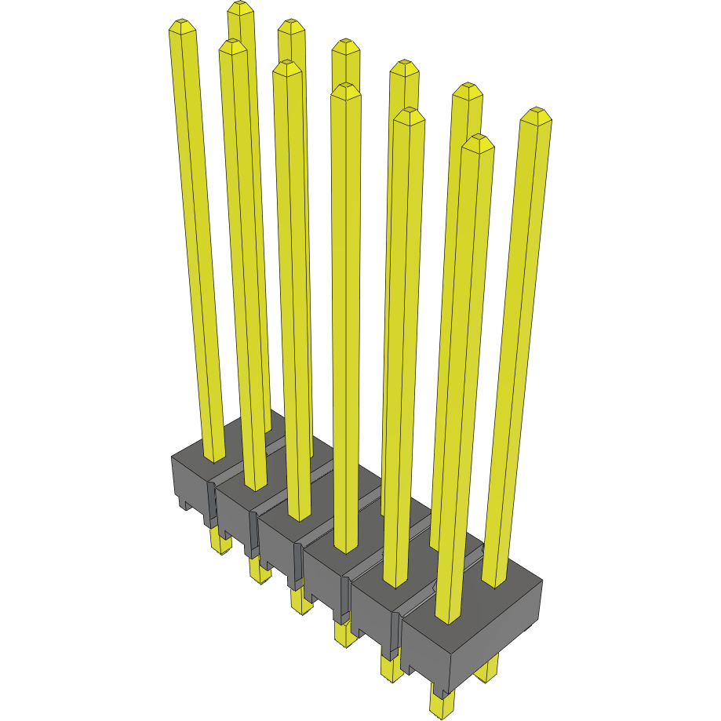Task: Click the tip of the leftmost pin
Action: point(181,28)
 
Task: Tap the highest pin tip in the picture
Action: point(241,9)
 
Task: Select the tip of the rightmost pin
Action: point(536,115)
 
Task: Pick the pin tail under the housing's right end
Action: point(488,666)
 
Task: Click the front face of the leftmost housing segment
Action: point(188,479)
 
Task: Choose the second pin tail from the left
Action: point(259,570)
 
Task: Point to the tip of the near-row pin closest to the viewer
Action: point(478,143)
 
